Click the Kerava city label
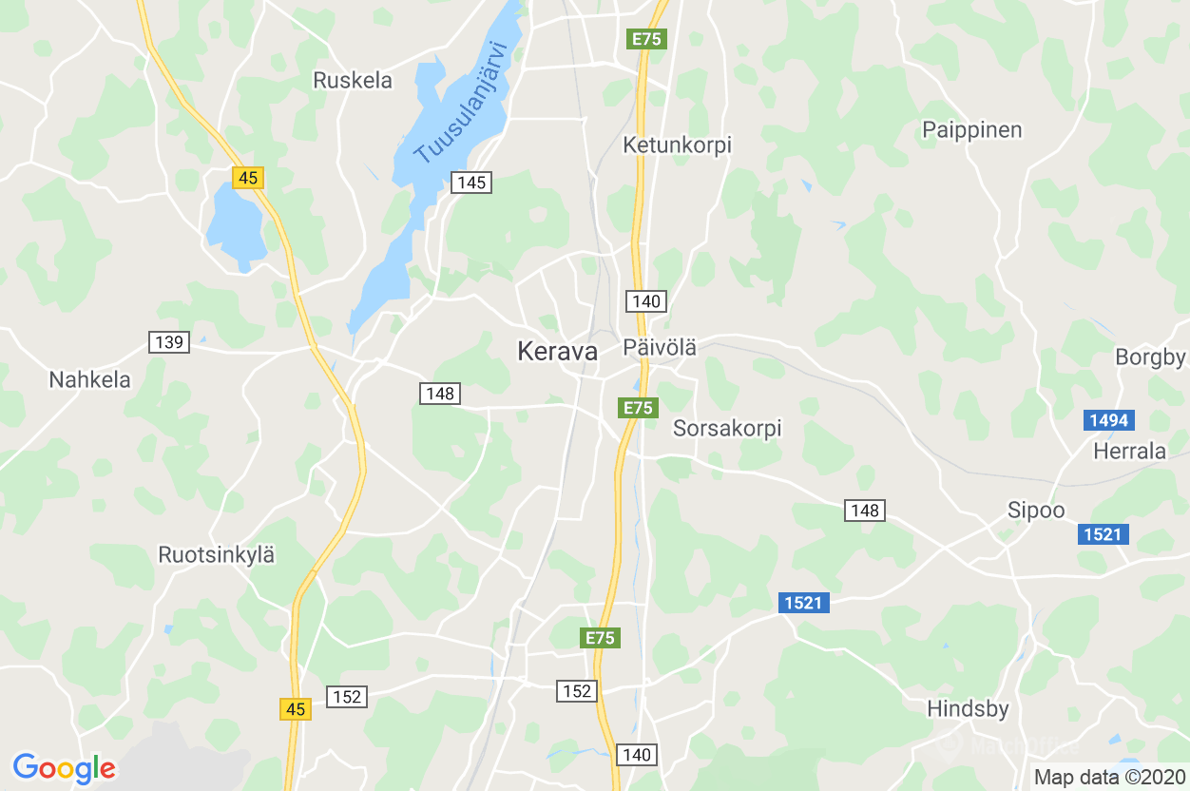557,352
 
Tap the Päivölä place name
660,348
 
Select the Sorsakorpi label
727,429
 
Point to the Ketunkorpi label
677,145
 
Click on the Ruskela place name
353,81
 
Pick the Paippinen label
972,130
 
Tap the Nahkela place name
89,380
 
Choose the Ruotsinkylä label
217,555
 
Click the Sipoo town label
1036,511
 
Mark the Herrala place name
1129,451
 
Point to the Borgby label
1150,357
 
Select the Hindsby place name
968,709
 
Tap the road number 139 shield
169,342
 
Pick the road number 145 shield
471,183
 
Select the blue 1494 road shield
1109,420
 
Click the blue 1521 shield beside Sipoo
1104,534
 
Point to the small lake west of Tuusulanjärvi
235,224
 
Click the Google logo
64,767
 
